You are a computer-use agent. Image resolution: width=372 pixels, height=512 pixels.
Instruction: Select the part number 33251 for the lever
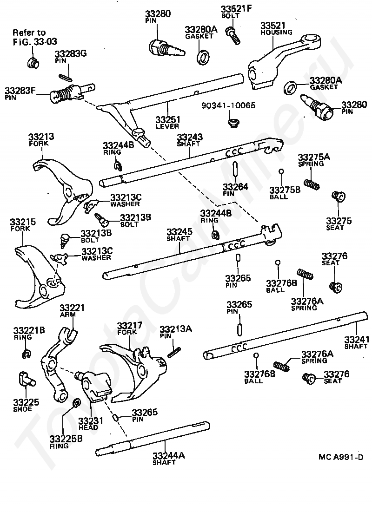tap(168, 119)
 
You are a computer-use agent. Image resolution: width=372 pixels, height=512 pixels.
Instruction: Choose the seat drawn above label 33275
tap(337, 197)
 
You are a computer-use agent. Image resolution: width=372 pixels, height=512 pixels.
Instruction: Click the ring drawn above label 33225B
tap(77, 403)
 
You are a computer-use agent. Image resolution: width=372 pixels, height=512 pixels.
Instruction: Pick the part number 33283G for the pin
tap(71, 54)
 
